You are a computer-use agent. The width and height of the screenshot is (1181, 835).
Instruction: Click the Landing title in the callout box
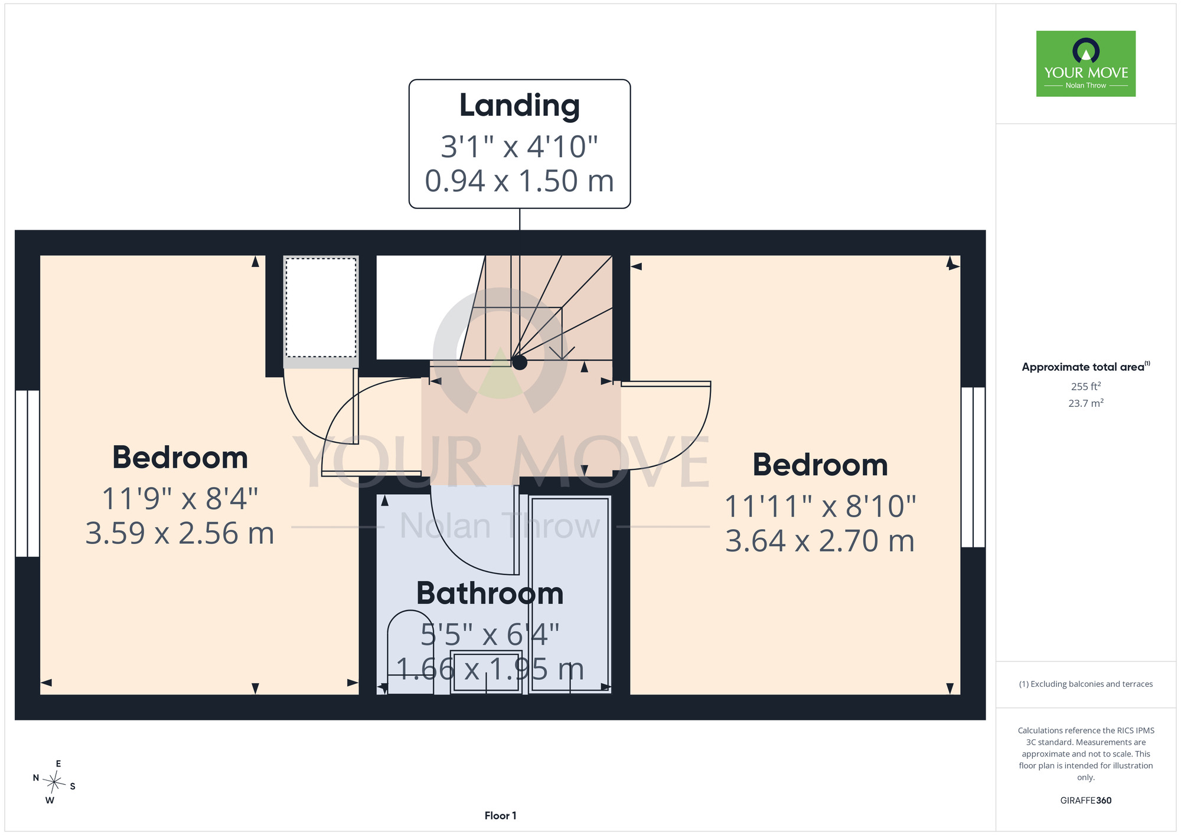coord(520,107)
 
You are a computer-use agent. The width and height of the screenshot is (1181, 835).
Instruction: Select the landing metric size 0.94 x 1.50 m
coord(520,181)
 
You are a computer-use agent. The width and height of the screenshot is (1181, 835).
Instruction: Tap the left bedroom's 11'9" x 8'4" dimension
coord(180,499)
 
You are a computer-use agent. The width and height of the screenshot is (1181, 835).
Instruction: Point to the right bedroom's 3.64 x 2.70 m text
coord(820,541)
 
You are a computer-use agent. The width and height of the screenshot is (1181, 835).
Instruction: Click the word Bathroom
coord(490,593)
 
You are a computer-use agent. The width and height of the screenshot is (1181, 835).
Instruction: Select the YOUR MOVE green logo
coord(1086,64)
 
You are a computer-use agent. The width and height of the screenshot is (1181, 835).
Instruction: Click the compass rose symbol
coord(54,782)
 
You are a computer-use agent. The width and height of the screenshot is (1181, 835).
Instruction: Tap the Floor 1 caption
coord(500,816)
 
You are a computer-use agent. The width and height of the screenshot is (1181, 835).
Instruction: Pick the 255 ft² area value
coord(1086,386)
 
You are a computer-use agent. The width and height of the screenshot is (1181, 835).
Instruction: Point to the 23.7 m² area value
coord(1086,403)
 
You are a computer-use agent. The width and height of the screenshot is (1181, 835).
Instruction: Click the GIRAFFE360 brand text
coord(1086,801)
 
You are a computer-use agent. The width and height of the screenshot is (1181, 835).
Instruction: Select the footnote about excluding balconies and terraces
coord(1086,684)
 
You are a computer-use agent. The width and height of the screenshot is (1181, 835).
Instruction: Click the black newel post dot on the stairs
coord(520,362)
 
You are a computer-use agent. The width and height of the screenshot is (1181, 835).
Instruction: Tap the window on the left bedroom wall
coord(27,473)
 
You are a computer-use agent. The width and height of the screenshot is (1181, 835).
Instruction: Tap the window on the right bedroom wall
coord(973,467)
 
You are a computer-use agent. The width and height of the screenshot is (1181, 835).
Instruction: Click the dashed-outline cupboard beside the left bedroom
coord(321,307)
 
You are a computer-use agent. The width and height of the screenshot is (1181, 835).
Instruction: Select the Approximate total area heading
coord(1086,367)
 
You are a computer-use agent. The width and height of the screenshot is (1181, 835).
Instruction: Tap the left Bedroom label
coord(180,458)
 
